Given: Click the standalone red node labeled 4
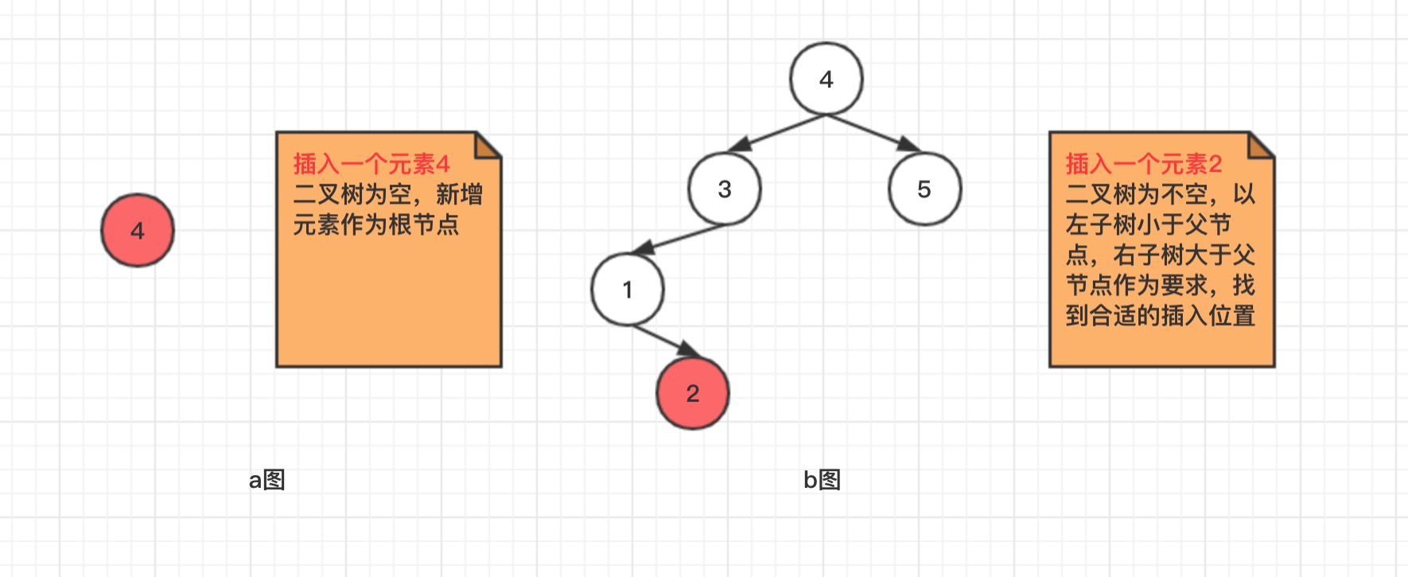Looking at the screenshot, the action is click(x=138, y=230).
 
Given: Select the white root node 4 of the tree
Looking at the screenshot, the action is click(x=827, y=79).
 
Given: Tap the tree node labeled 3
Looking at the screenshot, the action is click(x=725, y=189).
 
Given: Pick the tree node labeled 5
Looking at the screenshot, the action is click(x=924, y=189).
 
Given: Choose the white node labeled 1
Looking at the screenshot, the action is click(x=628, y=290).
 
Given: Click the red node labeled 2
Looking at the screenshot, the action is click(x=693, y=393).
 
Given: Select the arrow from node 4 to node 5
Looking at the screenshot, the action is click(x=873, y=133).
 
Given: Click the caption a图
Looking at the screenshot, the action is click(x=267, y=480).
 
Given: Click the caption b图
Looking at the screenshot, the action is click(x=822, y=480).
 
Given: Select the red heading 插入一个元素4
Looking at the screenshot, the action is click(x=371, y=164).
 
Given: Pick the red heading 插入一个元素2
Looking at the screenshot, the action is click(x=1144, y=164).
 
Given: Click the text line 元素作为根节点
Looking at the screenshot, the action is click(x=376, y=224).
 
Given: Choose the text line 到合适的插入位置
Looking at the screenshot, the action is click(x=1161, y=315).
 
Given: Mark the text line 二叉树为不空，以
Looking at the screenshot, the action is click(x=1161, y=194).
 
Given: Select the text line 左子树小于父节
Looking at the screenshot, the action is click(x=1149, y=224).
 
